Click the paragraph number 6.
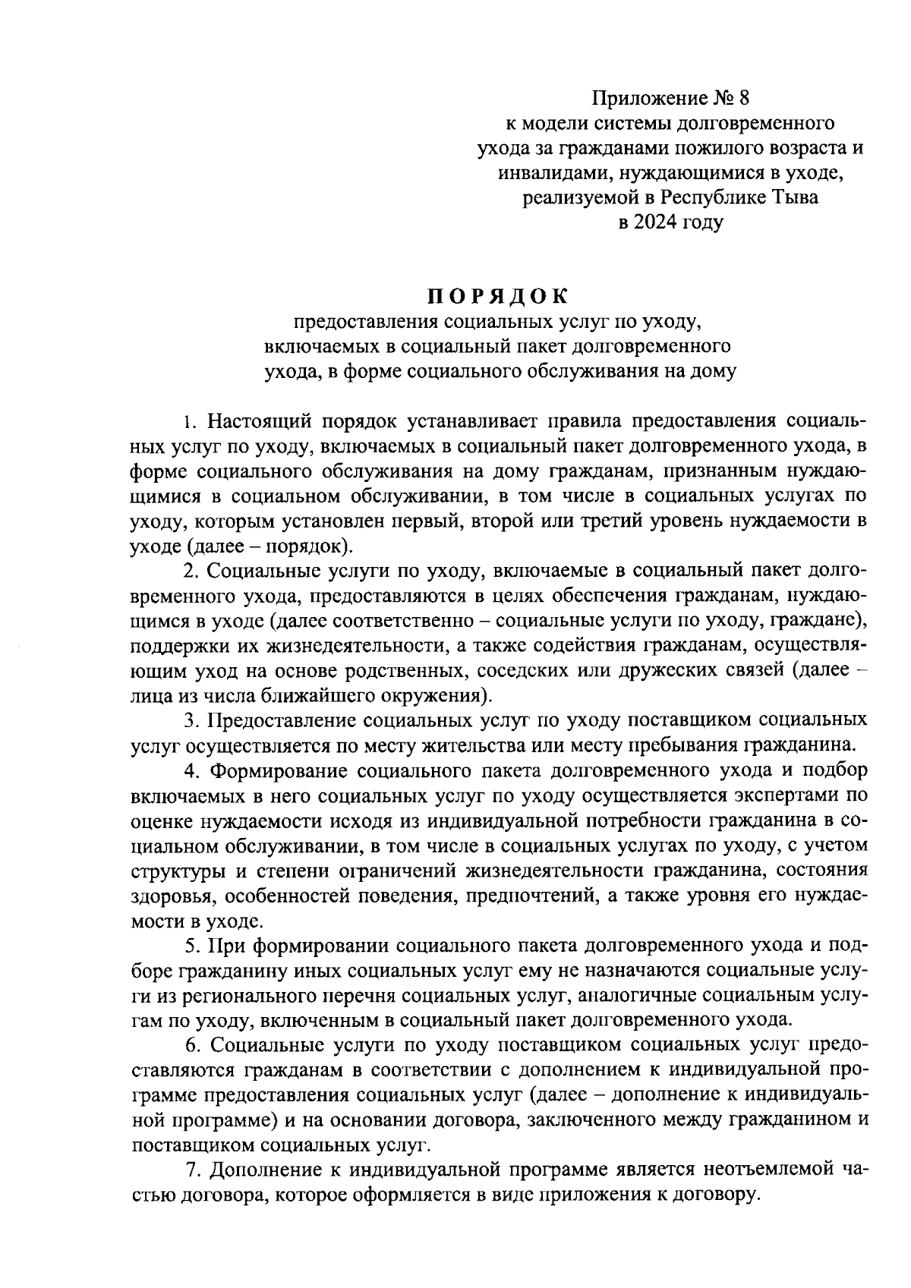191,1046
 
